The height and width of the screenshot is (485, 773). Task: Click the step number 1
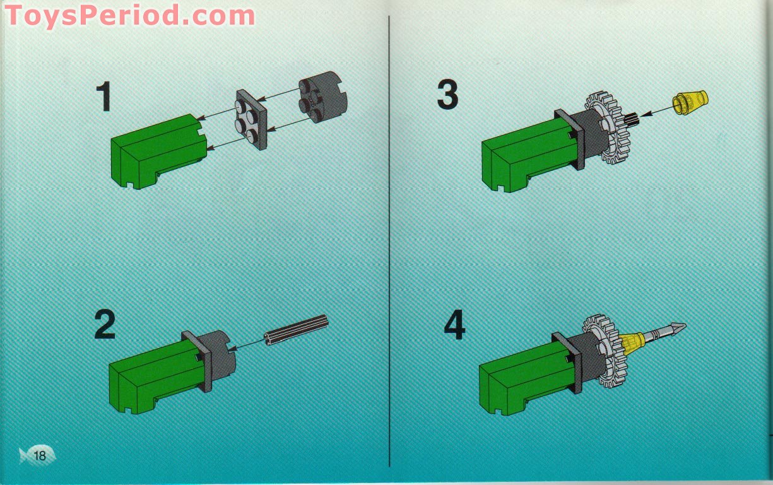click(x=103, y=97)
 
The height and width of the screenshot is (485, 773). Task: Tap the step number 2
click(x=105, y=325)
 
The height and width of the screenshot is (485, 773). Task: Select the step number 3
click(x=447, y=96)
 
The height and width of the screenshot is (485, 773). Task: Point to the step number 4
click(x=454, y=325)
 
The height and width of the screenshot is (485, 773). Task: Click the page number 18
click(x=40, y=455)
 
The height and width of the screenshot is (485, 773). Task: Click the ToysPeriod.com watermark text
click(x=130, y=15)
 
